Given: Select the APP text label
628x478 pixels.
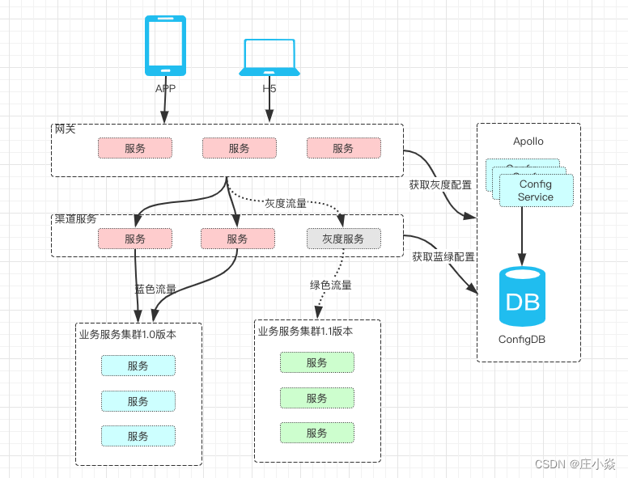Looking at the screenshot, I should coord(165,88).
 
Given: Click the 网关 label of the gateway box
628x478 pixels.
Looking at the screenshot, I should coord(65,129).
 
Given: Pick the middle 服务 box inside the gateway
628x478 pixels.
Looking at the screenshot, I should coord(239,148).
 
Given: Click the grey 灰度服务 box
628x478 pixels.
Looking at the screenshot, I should coord(343,239).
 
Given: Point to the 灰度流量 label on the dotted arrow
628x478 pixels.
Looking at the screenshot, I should coord(286,203).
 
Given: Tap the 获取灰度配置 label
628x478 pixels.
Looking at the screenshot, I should coord(440,184).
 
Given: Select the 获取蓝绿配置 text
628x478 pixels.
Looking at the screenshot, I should coord(443,256).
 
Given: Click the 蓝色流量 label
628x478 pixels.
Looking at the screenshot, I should coord(155,289).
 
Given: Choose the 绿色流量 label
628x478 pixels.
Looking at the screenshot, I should coord(331,285).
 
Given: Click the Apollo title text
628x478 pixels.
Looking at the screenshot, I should coord(528,141).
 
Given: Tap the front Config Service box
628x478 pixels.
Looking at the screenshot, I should coord(536,191).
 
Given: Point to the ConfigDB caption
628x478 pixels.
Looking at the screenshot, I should coord(522,340).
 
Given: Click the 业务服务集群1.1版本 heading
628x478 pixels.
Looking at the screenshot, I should coord(305,331).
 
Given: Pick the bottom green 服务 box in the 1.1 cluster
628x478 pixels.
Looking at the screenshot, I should coord(317,433).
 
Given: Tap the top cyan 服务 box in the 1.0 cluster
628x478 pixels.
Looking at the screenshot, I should coord(138,366).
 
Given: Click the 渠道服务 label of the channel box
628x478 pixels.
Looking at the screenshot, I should coord(75,219).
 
